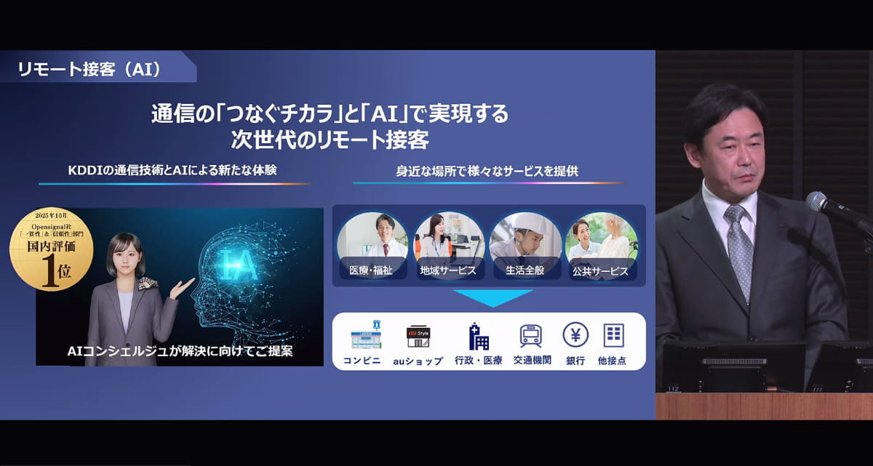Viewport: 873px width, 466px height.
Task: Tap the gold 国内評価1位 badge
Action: (51, 250)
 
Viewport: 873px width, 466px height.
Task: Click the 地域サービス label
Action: (448, 270)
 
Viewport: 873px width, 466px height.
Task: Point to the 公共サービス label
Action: (601, 270)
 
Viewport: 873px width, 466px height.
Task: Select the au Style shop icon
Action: (418, 336)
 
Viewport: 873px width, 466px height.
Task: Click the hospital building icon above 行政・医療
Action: (477, 336)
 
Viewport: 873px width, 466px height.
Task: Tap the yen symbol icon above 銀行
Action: (575, 334)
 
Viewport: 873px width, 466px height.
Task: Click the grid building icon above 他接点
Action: (613, 335)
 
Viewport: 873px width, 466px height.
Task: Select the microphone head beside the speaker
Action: (817, 201)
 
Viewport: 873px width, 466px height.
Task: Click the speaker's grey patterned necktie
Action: (739, 247)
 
